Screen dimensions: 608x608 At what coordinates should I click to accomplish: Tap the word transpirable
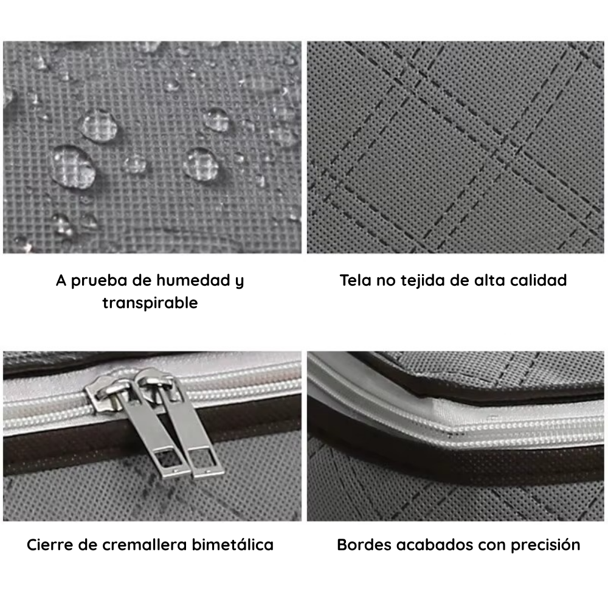click(x=150, y=303)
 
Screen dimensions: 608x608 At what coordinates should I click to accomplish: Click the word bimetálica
click(x=237, y=544)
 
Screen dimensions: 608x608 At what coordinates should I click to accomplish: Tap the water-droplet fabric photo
click(x=152, y=147)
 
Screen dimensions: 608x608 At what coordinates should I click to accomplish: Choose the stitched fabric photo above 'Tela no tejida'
click(x=455, y=147)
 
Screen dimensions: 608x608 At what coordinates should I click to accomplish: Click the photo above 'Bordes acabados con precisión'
click(x=455, y=436)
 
